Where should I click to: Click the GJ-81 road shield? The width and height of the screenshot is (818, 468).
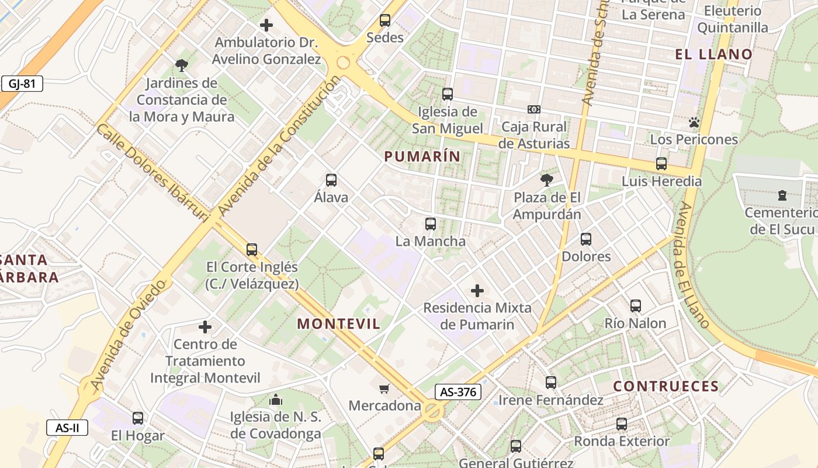click(x=22, y=84)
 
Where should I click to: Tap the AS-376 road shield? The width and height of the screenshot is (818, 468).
click(x=457, y=392)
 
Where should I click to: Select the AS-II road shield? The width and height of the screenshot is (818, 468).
click(x=67, y=428)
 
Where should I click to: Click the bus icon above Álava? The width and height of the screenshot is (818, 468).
click(x=331, y=180)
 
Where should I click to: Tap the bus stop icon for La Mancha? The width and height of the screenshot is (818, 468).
click(x=431, y=223)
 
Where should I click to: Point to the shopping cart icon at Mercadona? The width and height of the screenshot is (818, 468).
click(x=384, y=388)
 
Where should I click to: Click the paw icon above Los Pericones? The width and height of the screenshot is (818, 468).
click(x=694, y=122)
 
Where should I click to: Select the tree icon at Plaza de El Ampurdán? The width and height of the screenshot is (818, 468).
click(x=547, y=180)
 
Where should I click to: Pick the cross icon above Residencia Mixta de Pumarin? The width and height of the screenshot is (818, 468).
click(x=477, y=290)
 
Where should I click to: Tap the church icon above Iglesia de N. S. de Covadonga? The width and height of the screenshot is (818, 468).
click(x=276, y=400)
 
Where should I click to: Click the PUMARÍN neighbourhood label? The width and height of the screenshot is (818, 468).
click(x=422, y=156)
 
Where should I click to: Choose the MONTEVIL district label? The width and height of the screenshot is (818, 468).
click(x=339, y=324)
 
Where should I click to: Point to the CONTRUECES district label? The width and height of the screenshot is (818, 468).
click(x=666, y=386)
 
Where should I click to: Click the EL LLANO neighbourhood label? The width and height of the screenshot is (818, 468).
click(x=714, y=54)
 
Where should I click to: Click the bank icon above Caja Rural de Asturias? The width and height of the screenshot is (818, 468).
click(x=533, y=109)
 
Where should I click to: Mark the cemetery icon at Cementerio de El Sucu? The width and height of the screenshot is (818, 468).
click(x=782, y=195)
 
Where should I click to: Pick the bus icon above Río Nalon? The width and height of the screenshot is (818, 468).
click(x=636, y=305)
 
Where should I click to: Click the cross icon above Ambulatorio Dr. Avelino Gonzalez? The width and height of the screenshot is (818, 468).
click(x=266, y=25)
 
